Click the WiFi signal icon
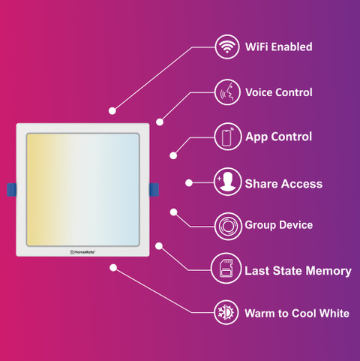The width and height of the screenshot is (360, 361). click(227, 47)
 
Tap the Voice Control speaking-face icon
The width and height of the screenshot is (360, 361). click(227, 92)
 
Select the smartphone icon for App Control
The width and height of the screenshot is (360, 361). click(227, 137)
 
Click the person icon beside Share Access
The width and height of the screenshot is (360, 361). click(227, 182)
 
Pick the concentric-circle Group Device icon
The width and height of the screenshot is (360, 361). click(228, 226)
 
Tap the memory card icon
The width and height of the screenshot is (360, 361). click(226, 268)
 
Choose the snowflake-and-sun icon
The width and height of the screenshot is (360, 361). click(226, 312)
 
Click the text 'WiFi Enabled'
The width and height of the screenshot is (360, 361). click(279, 47)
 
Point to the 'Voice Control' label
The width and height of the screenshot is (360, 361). click(279, 92)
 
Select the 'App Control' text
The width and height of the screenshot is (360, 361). click(279, 137)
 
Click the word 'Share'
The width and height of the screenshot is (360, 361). click(259, 184)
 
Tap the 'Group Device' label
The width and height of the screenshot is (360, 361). click(279, 225)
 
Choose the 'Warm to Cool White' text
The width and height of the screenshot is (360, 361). click(297, 313)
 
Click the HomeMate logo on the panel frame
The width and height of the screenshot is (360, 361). click(82, 252)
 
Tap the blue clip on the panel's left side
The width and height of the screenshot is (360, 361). click(12, 190)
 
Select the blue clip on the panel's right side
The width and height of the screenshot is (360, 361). click(154, 190)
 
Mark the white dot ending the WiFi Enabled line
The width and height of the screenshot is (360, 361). click(112, 111)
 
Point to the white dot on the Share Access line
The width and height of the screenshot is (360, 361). click(189, 183)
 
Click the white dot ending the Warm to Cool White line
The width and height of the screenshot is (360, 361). click(113, 268)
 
